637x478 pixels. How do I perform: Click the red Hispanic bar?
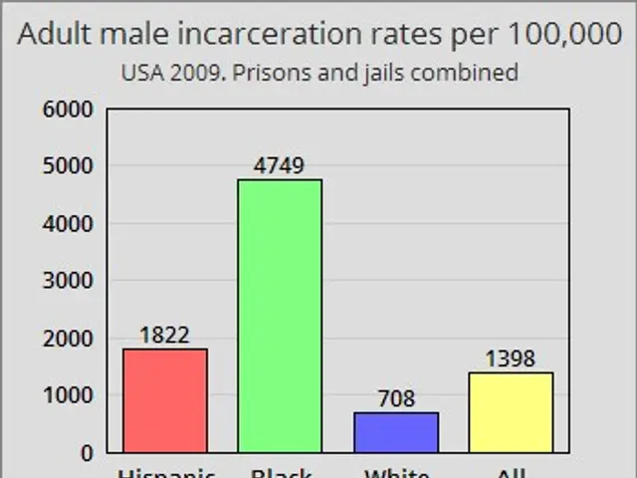click(x=164, y=400)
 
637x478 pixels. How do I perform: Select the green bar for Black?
click(x=280, y=316)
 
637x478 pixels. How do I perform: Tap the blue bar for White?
click(x=395, y=432)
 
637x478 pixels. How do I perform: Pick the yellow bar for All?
click(x=511, y=412)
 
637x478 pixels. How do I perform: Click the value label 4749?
click(x=280, y=165)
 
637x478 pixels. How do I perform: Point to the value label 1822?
click(x=164, y=335)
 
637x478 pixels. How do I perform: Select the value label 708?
click(x=395, y=398)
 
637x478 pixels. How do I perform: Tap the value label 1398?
click(x=511, y=358)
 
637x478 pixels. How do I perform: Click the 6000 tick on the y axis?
click(x=69, y=109)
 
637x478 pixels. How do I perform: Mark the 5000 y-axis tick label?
click(x=69, y=166)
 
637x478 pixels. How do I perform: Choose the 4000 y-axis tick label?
click(x=69, y=224)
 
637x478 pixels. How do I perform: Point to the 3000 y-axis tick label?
click(x=69, y=281)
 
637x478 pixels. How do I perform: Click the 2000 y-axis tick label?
click(x=69, y=339)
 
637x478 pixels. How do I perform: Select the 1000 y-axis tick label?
click(x=69, y=395)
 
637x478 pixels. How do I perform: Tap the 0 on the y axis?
click(x=86, y=452)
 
